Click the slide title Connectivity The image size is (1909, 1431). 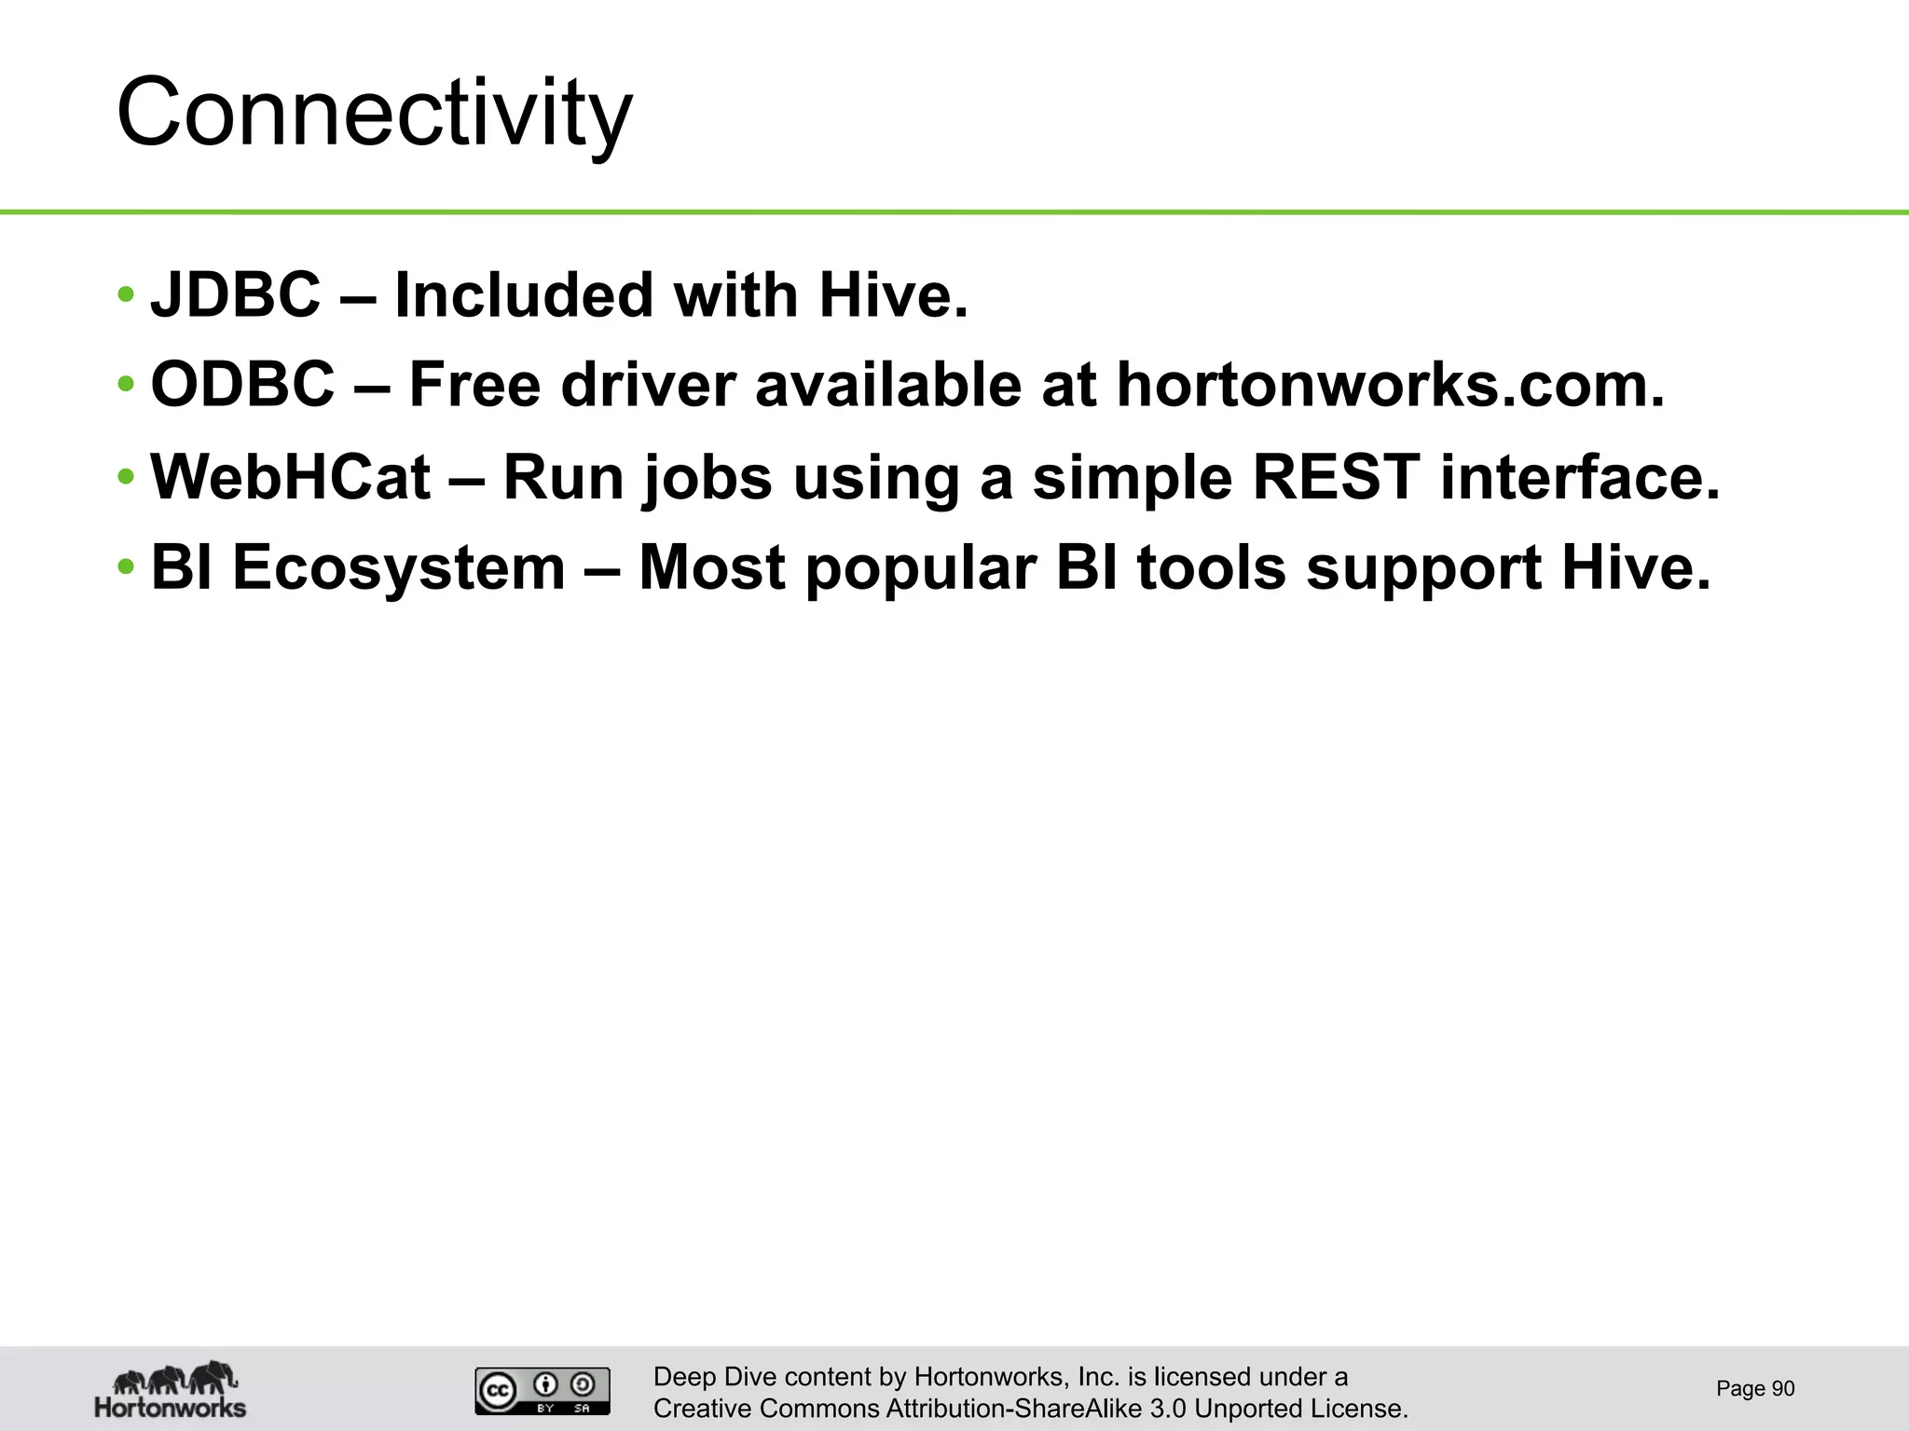[x=374, y=114]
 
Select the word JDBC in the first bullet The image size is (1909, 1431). [x=236, y=295]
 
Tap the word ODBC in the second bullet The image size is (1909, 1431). [x=242, y=385]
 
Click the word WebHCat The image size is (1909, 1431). [x=291, y=477]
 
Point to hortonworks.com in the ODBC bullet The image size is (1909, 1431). [x=1390, y=385]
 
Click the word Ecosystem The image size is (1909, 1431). [x=399, y=567]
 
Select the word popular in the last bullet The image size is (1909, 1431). [x=920, y=569]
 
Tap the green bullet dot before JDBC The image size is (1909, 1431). [x=126, y=296]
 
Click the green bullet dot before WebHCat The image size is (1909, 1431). [x=126, y=478]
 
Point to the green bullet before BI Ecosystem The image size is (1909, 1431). [x=126, y=567]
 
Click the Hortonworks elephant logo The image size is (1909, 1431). [x=171, y=1389]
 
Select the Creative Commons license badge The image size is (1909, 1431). [x=542, y=1391]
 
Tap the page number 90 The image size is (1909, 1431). [x=1782, y=1388]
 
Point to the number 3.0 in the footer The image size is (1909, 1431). [x=1168, y=1409]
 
